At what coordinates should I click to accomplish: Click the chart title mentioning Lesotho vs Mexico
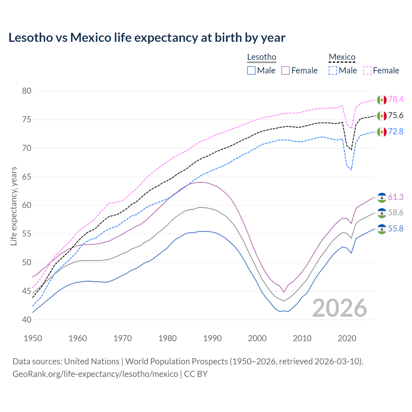[x=147, y=38]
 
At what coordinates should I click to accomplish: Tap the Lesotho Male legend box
[x=251, y=70]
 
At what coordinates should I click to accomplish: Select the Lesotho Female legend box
[x=286, y=70]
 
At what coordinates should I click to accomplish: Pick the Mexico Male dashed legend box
[x=333, y=70]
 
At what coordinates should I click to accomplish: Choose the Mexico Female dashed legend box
[x=367, y=70]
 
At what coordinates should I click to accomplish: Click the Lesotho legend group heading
[x=262, y=57]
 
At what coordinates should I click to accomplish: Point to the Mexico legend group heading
[x=342, y=57]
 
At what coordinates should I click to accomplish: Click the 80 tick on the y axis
[x=27, y=91]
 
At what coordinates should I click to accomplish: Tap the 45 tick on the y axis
[x=27, y=291]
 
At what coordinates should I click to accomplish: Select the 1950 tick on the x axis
[x=33, y=338]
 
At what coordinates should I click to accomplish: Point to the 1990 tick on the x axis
[x=212, y=338]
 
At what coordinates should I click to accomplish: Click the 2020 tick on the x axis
[x=347, y=338]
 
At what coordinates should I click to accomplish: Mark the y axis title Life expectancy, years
[x=14, y=206]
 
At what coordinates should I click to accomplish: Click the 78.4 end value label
[x=396, y=99]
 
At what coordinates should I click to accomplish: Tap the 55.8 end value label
[x=396, y=229]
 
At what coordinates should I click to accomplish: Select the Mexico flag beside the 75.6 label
[x=382, y=116]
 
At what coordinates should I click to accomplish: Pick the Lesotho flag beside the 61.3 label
[x=382, y=197]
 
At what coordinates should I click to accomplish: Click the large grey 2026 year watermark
[x=340, y=308]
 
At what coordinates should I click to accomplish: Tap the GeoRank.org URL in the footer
[x=95, y=374]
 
